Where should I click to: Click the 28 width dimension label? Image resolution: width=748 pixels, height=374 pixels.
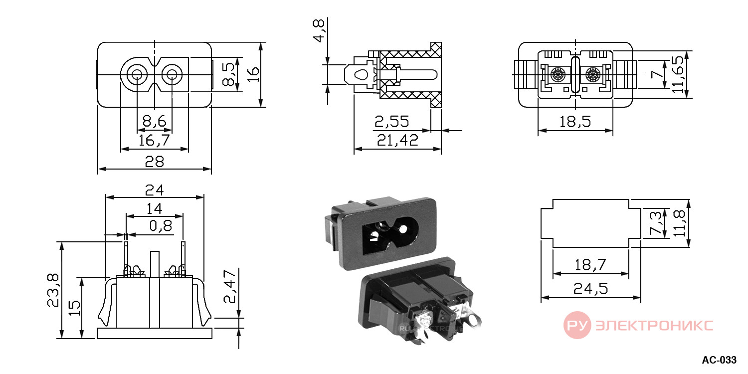click(x=154, y=162)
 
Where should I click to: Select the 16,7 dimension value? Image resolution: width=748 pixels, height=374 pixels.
click(x=154, y=141)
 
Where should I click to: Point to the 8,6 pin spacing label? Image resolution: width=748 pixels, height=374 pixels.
click(x=154, y=121)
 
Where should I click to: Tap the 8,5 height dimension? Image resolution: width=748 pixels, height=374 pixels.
click(x=228, y=74)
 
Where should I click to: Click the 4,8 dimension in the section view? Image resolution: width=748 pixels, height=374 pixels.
click(x=319, y=30)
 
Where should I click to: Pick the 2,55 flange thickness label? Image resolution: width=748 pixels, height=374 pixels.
click(x=391, y=122)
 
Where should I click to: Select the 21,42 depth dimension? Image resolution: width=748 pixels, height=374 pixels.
click(x=397, y=140)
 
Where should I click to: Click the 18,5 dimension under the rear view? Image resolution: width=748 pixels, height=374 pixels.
click(x=575, y=122)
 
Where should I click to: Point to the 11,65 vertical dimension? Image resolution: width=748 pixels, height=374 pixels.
click(x=678, y=74)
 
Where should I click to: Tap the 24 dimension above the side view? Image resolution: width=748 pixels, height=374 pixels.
click(x=154, y=190)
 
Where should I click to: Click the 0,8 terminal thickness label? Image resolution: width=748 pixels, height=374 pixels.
click(x=161, y=226)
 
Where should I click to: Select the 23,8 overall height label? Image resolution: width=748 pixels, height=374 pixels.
click(x=53, y=290)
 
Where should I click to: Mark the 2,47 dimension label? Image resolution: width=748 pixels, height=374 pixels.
click(x=230, y=287)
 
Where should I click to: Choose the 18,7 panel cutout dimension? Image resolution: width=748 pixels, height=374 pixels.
click(x=590, y=265)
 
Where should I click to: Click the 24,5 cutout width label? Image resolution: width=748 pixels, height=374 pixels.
click(x=590, y=289)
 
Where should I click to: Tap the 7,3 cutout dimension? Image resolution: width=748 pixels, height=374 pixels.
click(x=655, y=223)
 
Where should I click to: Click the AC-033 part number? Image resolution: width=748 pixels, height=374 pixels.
click(x=719, y=360)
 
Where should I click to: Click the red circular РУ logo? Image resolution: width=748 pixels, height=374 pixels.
click(x=577, y=325)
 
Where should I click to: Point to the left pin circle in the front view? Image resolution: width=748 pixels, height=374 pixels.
click(x=137, y=74)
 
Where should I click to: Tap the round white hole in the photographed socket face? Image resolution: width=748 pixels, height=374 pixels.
click(x=403, y=229)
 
